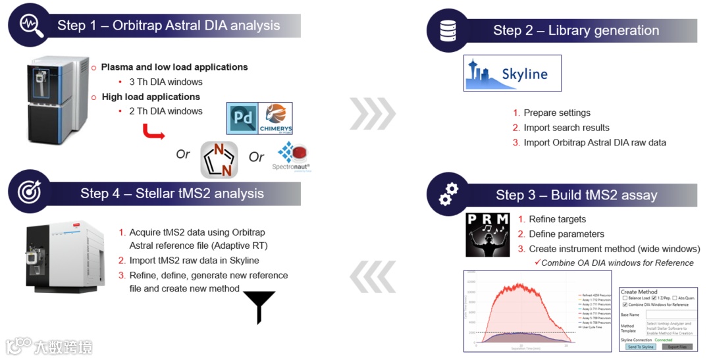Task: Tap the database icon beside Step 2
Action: (x=449, y=30)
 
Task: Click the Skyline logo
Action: (x=512, y=73)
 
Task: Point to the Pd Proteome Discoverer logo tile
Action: (x=242, y=118)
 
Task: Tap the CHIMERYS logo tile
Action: (x=275, y=118)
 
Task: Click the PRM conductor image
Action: (x=487, y=234)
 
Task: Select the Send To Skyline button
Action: (x=641, y=346)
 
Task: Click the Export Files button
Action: (x=677, y=346)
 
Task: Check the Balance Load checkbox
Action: (x=624, y=298)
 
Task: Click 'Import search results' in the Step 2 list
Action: (x=566, y=128)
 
